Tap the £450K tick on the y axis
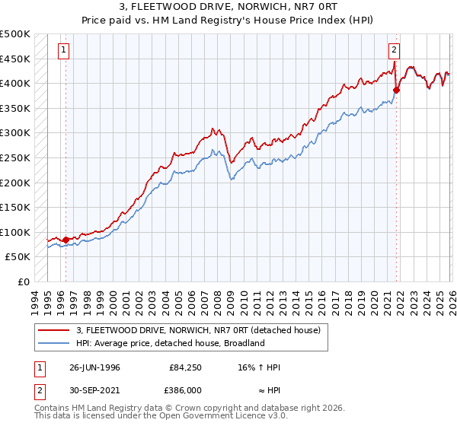pos(15,59)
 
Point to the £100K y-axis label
pos(15,232)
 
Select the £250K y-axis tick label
pos(15,157)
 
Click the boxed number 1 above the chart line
pos(62,51)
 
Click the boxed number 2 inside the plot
pos(394,51)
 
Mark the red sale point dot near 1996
pos(66,240)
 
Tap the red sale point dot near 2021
pos(396,90)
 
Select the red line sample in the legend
pos(56,330)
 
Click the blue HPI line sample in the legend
pos(56,343)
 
